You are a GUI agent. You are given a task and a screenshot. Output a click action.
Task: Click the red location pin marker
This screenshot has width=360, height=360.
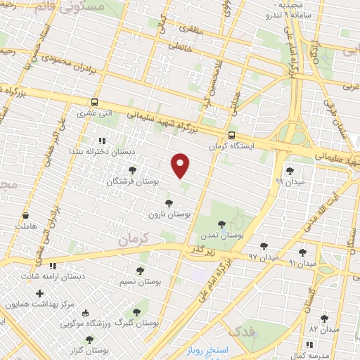(181, 165)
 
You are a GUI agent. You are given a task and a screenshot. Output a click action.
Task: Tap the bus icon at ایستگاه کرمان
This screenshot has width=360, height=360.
(231, 136)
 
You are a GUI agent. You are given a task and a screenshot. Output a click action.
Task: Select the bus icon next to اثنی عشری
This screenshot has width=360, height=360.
(95, 102)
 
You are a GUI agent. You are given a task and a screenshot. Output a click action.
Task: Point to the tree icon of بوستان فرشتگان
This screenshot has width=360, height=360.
(132, 170)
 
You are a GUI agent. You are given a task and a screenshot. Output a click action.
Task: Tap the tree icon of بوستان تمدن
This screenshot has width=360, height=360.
(221, 224)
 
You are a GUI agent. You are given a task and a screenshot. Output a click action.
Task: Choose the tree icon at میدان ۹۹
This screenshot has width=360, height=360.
(290, 171)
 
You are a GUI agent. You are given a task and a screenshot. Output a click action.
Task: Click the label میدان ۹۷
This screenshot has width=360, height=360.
(264, 257)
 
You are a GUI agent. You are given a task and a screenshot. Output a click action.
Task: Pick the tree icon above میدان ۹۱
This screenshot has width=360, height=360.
(302, 252)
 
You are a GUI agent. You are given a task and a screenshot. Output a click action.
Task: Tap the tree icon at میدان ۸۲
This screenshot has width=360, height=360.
(324, 318)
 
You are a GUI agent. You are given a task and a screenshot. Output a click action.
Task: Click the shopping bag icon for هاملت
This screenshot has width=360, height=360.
(26, 216)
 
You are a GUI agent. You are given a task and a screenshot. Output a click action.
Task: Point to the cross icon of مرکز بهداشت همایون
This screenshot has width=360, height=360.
(39, 293)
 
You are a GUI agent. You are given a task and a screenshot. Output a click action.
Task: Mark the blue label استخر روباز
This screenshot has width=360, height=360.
(208, 349)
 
